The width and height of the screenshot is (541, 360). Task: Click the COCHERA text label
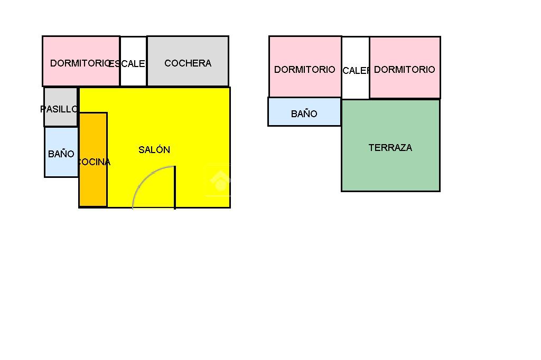[188, 63]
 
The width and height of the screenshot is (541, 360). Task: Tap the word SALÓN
[154, 150]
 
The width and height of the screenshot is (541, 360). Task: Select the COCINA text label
[94, 162]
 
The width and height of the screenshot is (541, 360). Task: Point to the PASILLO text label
[59, 109]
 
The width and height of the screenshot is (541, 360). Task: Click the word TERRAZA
[390, 148]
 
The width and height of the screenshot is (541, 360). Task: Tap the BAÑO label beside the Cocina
[61, 154]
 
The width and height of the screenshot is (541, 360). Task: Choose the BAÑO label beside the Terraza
[304, 114]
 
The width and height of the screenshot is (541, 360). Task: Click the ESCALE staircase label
[127, 64]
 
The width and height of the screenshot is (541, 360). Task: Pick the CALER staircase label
[356, 71]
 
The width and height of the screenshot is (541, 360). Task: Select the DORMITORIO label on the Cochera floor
[80, 63]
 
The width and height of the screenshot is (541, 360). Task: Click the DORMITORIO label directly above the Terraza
[405, 70]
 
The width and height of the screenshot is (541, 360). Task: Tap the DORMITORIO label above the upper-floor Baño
[305, 70]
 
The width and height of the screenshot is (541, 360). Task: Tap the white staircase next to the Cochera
[133, 77]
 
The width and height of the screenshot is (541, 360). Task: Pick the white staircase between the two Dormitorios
[356, 84]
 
